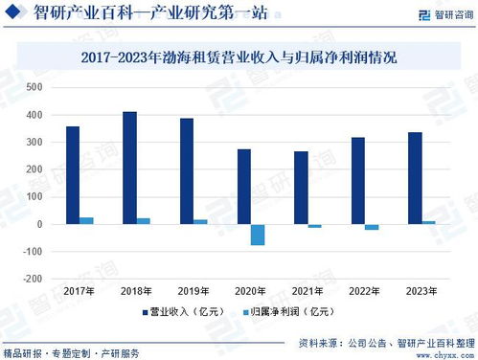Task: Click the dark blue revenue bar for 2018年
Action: click(x=129, y=168)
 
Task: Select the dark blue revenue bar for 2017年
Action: click(x=73, y=175)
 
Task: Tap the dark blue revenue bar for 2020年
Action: click(x=244, y=187)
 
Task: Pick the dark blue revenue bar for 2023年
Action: click(x=416, y=178)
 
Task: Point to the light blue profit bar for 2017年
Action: click(x=86, y=220)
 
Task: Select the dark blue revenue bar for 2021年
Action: click(x=301, y=188)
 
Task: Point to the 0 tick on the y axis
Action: click(x=39, y=224)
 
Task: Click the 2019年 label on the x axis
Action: click(x=193, y=291)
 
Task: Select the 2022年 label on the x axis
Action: click(x=365, y=291)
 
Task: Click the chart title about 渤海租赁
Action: click(x=239, y=57)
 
